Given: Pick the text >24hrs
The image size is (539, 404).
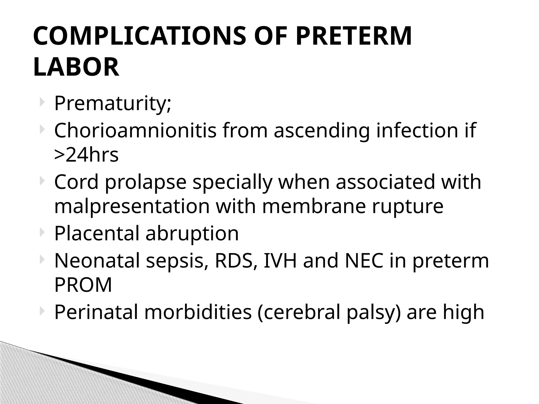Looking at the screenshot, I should coord(86,155).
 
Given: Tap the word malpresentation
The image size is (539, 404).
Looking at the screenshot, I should coord(132,207).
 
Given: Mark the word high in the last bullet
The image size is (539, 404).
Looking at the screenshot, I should coord(463,312).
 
